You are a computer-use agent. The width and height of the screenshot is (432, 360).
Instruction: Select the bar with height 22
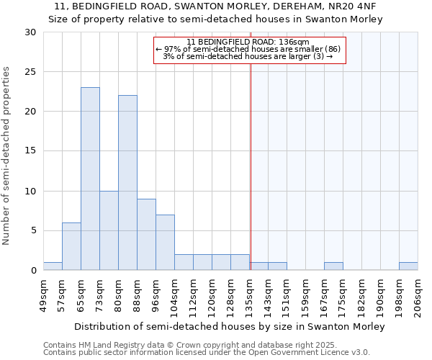127,183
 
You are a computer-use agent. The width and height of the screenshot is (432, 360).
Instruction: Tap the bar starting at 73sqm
109,230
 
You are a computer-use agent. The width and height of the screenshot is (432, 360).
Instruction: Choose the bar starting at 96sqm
165,242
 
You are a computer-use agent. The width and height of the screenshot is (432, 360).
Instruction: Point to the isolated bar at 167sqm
333,266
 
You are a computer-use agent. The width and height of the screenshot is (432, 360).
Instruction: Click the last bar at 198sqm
408,266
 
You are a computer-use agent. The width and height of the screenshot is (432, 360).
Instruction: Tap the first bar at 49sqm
53,266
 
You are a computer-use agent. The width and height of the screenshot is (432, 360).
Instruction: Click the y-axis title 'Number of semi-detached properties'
7,156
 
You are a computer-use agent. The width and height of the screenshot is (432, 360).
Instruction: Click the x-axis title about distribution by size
230,326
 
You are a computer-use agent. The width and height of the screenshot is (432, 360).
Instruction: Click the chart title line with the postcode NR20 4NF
215,6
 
